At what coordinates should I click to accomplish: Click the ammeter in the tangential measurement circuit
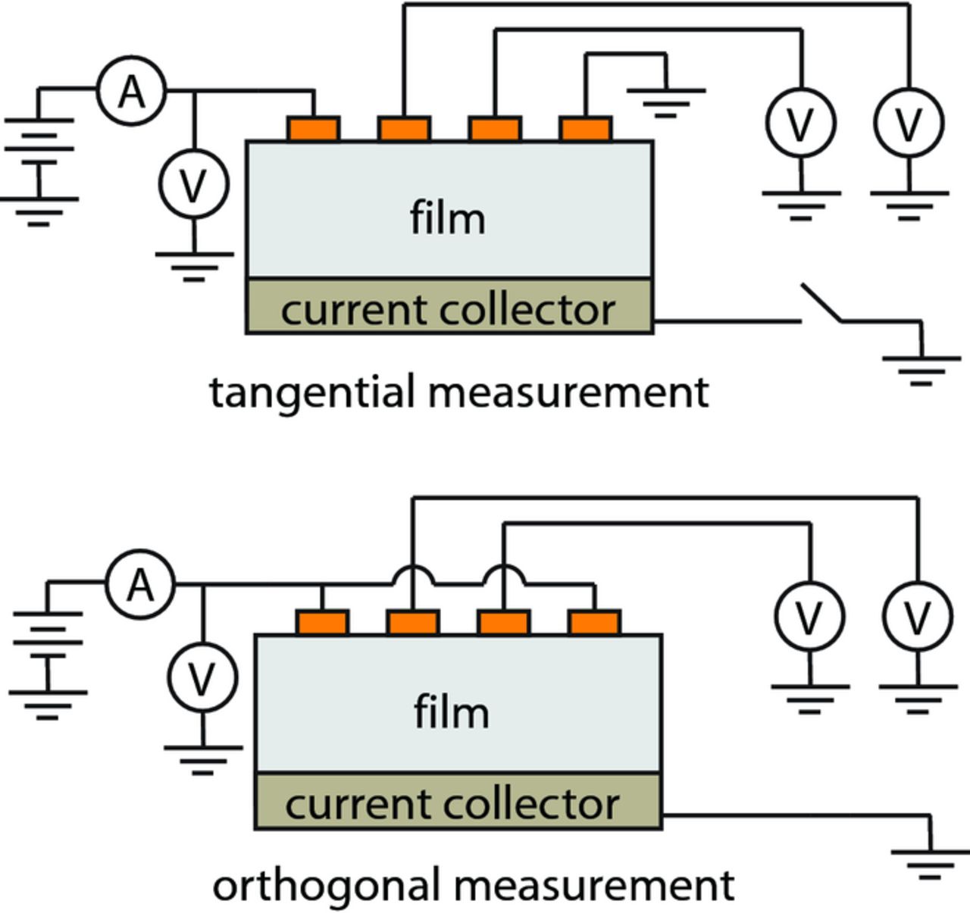pos(132,92)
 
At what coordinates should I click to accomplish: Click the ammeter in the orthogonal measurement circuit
pos(140,585)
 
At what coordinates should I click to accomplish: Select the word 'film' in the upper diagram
pos(447,218)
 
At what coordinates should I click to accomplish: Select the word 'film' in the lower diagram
pos(451,712)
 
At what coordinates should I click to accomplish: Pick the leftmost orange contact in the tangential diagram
pos(314,129)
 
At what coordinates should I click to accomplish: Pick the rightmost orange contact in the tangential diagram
pos(585,129)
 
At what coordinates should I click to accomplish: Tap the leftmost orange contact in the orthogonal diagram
pos(322,622)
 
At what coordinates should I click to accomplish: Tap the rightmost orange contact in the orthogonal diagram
pos(594,622)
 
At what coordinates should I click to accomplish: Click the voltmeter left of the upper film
pos(194,185)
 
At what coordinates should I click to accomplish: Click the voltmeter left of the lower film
pos(202,678)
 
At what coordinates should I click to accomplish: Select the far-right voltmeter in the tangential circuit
pos(909,123)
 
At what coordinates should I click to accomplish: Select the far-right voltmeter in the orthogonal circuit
pos(918,618)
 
